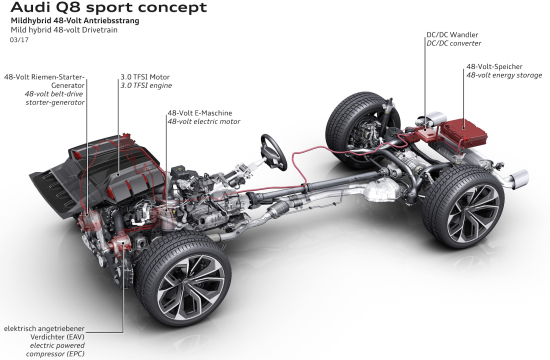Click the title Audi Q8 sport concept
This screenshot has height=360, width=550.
point(109,7)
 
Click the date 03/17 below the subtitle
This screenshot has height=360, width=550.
point(19,40)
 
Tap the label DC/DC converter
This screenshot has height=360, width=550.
point(454,44)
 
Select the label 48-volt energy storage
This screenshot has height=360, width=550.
point(504,75)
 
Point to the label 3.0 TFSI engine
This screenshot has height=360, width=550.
point(146,86)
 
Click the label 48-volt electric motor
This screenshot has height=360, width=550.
point(204,122)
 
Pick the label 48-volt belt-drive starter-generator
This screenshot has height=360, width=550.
point(55,98)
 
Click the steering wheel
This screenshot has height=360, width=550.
point(274,152)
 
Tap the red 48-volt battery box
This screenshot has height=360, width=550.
point(464,133)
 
